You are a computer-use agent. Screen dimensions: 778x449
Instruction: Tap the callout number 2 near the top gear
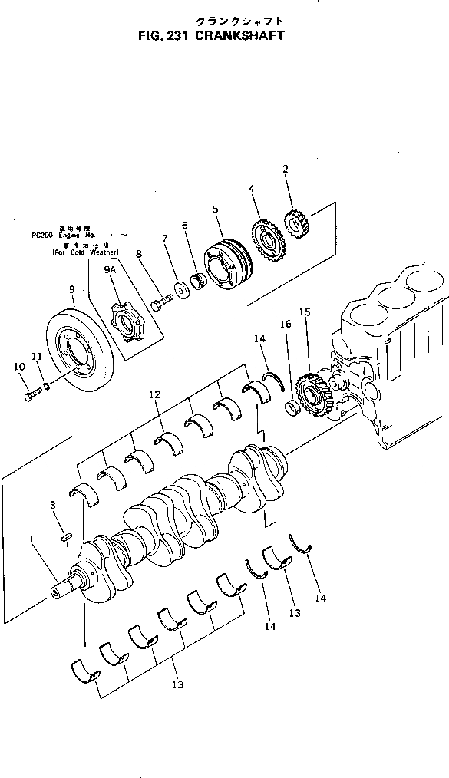[x=286, y=169]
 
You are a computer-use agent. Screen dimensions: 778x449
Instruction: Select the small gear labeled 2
[x=295, y=222]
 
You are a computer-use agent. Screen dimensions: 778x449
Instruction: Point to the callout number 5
[x=216, y=209]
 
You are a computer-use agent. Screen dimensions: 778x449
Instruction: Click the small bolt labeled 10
[x=31, y=394]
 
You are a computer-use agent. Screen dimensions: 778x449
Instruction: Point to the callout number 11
[x=37, y=356]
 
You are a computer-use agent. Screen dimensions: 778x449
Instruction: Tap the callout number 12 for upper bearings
[x=154, y=394]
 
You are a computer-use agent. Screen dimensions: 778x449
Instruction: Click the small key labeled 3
[x=67, y=530]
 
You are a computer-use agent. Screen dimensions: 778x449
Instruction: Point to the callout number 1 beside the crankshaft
[x=31, y=539]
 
